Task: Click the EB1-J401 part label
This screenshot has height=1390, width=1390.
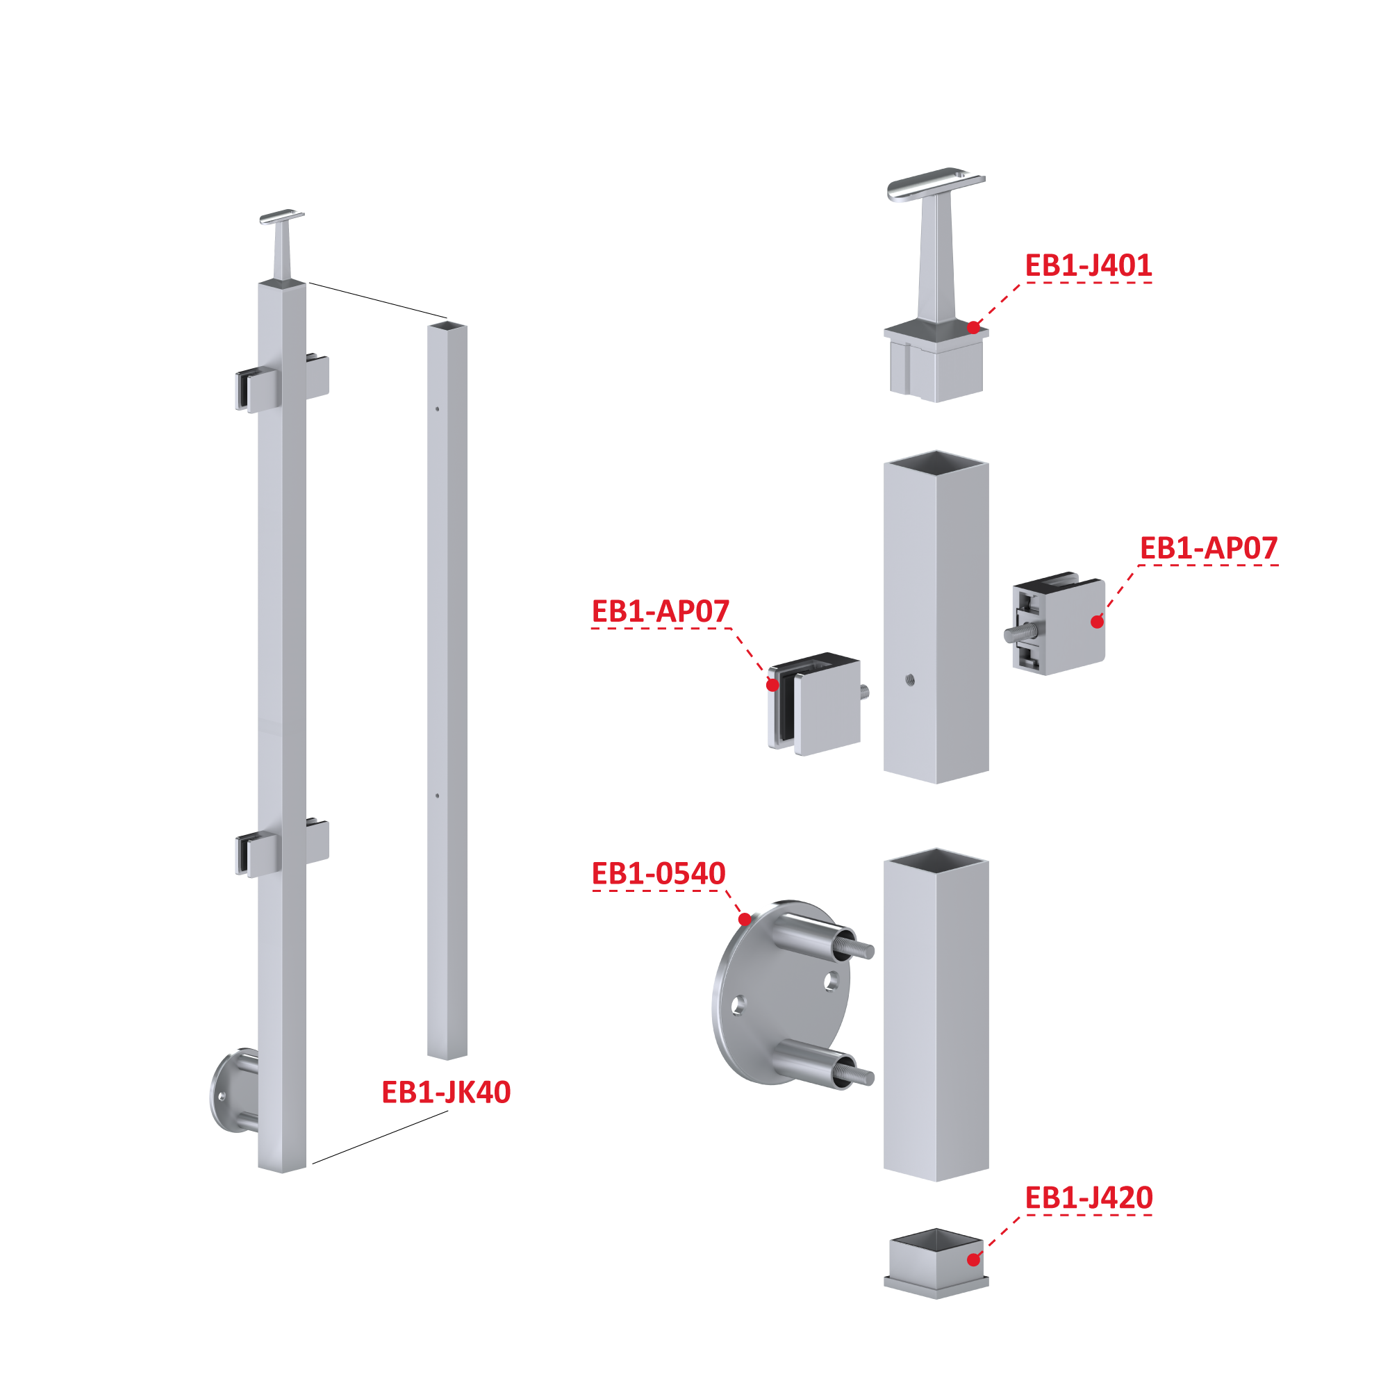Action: click(1088, 265)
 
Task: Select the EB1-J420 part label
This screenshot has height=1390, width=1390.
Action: click(1089, 1198)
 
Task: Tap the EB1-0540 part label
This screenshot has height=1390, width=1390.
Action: click(659, 873)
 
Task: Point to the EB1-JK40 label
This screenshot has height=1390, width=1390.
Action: click(446, 1092)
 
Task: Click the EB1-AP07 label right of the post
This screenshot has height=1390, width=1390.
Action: click(1209, 548)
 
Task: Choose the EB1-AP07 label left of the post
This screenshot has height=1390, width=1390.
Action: click(661, 611)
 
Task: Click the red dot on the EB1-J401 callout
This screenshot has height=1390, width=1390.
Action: click(973, 328)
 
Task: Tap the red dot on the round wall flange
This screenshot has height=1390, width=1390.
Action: click(745, 920)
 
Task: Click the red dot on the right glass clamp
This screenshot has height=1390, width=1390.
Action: click(1097, 622)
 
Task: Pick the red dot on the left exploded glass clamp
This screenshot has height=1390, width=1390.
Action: click(772, 685)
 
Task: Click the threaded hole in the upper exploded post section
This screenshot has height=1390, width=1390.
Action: click(910, 679)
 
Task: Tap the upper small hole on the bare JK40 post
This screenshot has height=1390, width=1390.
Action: click(438, 409)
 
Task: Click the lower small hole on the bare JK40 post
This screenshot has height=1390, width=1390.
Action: click(438, 796)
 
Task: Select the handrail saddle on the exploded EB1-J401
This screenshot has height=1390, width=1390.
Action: click(936, 184)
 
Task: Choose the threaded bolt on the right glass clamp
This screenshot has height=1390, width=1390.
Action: click(1021, 633)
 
